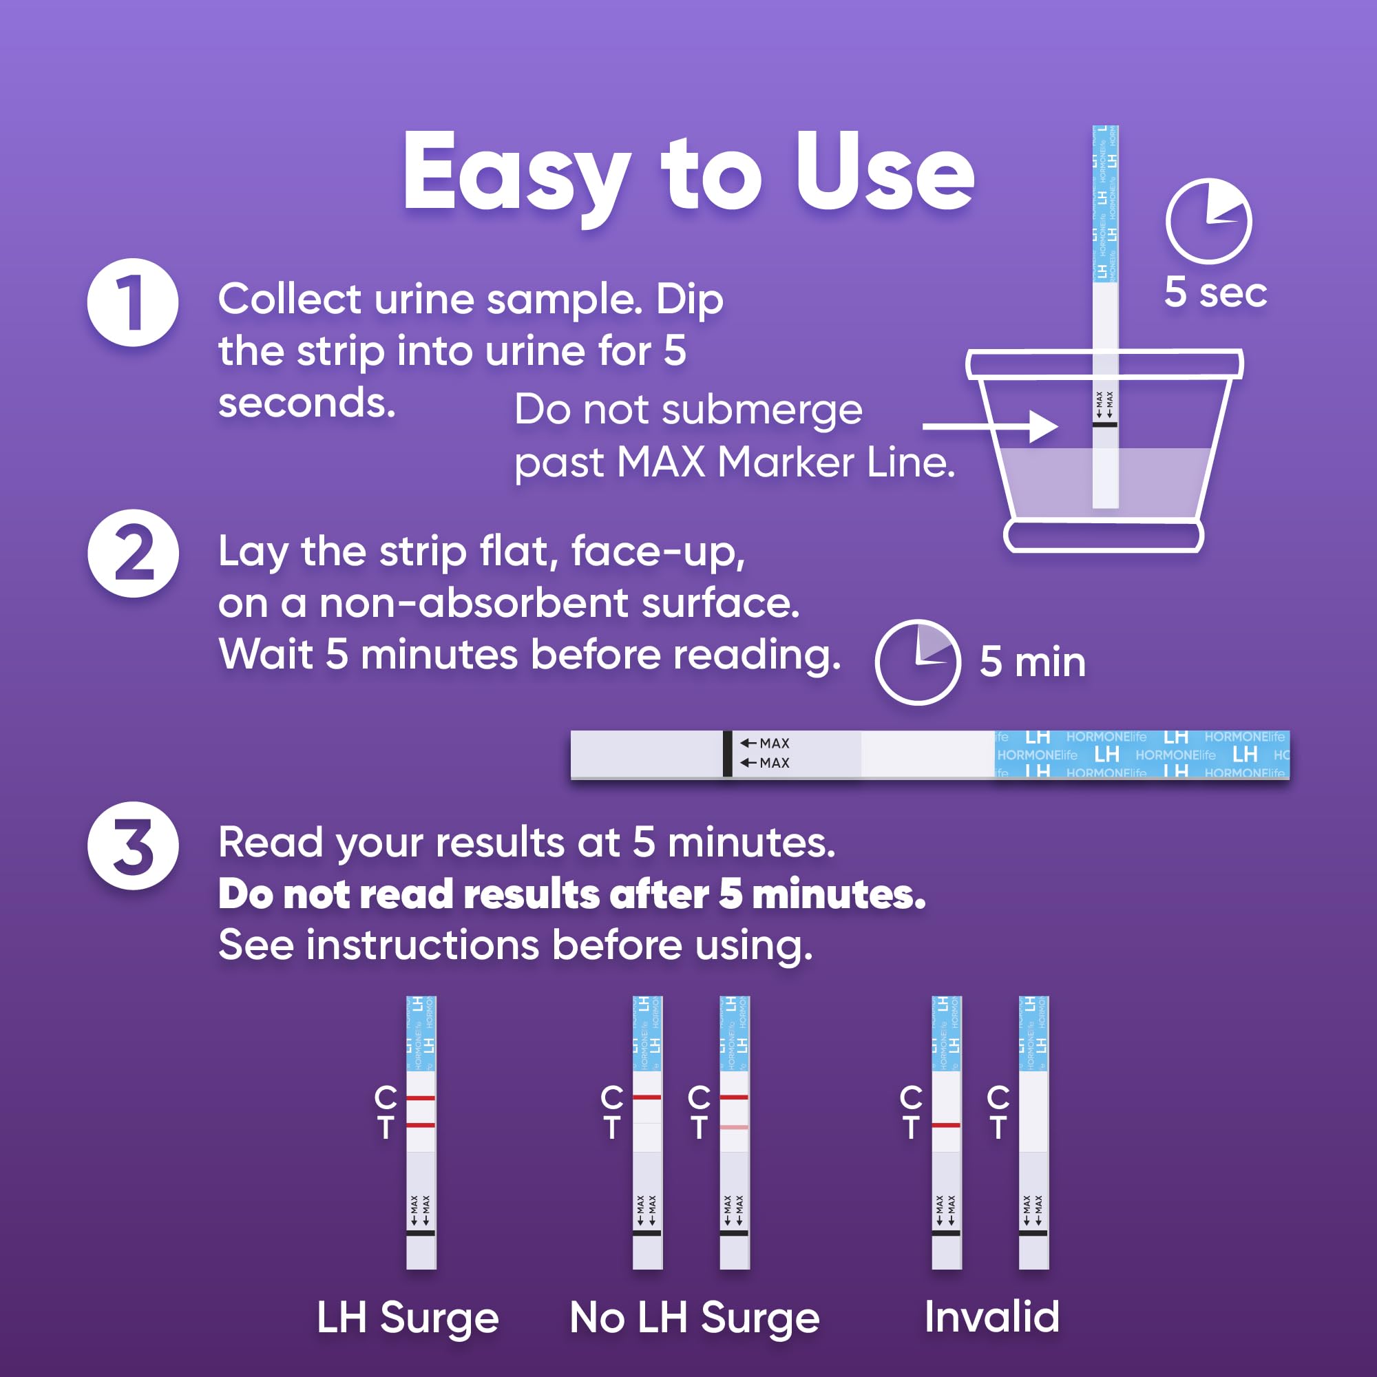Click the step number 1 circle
tap(133, 302)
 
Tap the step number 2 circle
tap(133, 553)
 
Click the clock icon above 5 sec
tap(1209, 221)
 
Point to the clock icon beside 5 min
tap(918, 662)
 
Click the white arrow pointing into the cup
tap(991, 427)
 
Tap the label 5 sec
tap(1215, 292)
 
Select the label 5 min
tap(1033, 662)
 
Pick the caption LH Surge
tap(408, 1317)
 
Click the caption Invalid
tap(992, 1316)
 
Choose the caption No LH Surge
tap(695, 1317)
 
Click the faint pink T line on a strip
tap(734, 1127)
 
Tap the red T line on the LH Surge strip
tap(421, 1125)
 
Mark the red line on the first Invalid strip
tap(947, 1125)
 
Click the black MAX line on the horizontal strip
tap(728, 753)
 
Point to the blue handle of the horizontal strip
tap(1142, 753)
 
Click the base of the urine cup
tap(1103, 536)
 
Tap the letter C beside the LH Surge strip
tap(386, 1097)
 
